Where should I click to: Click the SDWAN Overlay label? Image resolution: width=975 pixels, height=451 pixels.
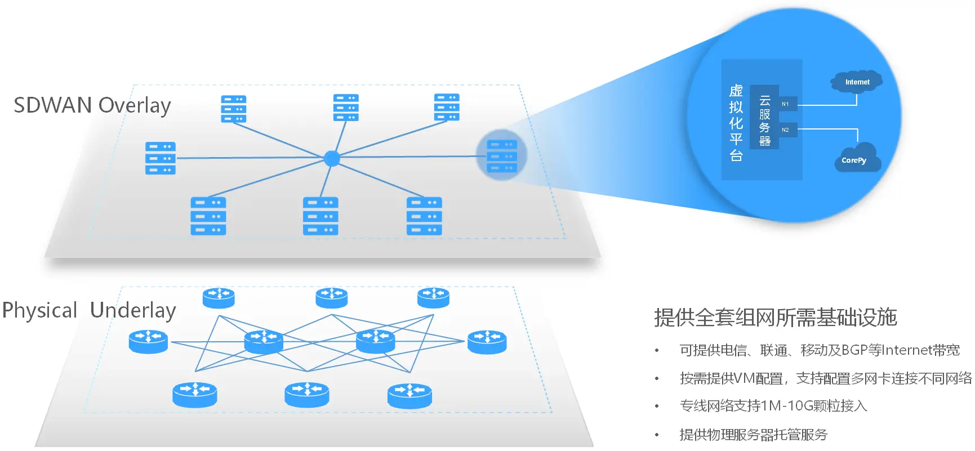pyautogui.click(x=92, y=105)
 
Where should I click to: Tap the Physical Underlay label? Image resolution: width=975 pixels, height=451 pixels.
pyautogui.click(x=88, y=310)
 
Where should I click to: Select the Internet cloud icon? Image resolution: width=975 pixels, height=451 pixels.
pyautogui.click(x=857, y=82)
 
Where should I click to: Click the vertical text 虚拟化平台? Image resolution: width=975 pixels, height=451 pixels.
pyautogui.click(x=736, y=123)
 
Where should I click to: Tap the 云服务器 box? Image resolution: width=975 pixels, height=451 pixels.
pyautogui.click(x=764, y=120)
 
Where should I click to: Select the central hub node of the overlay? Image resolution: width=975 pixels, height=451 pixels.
pyautogui.click(x=332, y=158)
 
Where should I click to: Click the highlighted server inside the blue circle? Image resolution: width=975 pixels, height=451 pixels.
pyautogui.click(x=501, y=156)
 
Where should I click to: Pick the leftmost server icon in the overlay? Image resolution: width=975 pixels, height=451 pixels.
pyautogui.click(x=161, y=158)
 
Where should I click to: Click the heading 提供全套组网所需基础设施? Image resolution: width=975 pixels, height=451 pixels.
pyautogui.click(x=775, y=318)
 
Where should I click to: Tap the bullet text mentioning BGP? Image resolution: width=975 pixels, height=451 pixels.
pyautogui.click(x=819, y=350)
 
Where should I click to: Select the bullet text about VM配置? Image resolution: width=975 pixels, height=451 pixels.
pyautogui.click(x=825, y=378)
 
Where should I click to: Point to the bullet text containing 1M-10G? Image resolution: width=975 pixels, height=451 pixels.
pyautogui.click(x=773, y=406)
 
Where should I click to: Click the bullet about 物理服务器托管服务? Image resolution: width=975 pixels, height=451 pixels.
pyautogui.click(x=753, y=435)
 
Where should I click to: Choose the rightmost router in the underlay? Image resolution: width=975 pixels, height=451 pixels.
pyautogui.click(x=487, y=342)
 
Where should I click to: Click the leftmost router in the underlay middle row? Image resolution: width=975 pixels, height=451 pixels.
pyautogui.click(x=148, y=341)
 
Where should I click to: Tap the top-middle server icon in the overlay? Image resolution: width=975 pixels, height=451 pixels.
pyautogui.click(x=346, y=108)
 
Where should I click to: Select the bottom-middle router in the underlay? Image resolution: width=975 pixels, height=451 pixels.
pyautogui.click(x=306, y=394)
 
